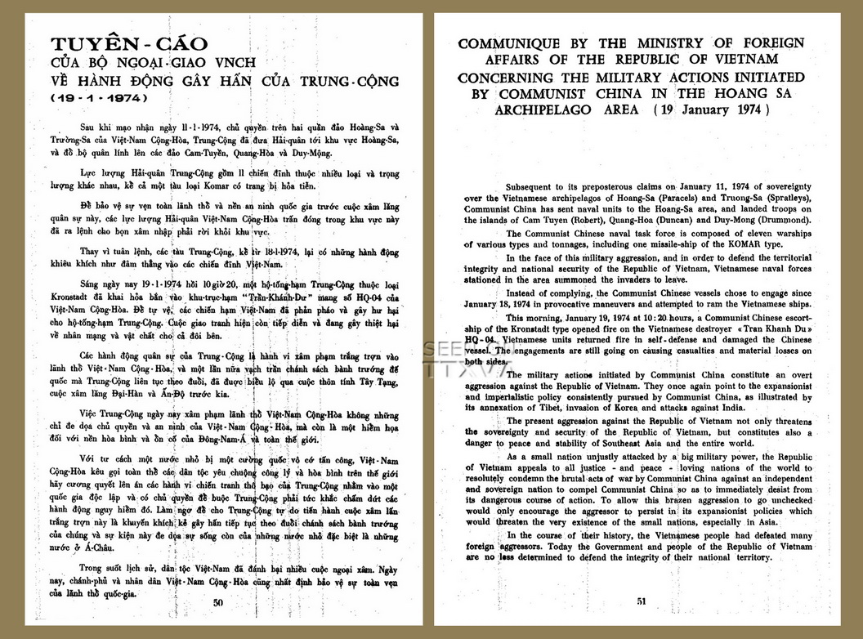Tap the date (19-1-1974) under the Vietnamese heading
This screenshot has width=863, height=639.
coord(96,97)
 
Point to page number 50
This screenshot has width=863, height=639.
coord(217,602)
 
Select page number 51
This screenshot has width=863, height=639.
coord(641,602)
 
